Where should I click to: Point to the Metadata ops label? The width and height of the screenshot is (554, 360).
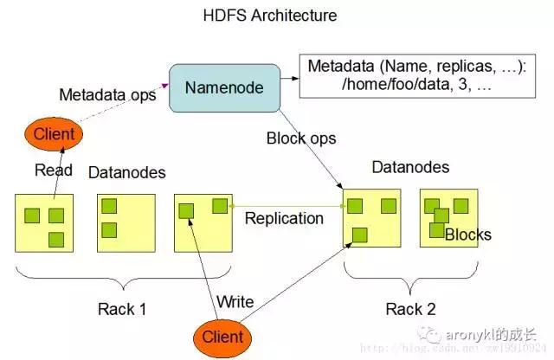pyautogui.click(x=107, y=93)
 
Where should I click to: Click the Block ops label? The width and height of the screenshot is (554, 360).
pyautogui.click(x=301, y=138)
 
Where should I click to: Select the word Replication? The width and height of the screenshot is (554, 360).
pyautogui.click(x=284, y=218)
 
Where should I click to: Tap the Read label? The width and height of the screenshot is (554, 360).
pyautogui.click(x=53, y=170)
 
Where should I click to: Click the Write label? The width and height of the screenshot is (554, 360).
pyautogui.click(x=235, y=301)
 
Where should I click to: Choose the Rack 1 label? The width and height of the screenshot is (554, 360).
pyautogui.click(x=130, y=308)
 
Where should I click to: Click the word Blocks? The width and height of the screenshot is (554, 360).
pyautogui.click(x=468, y=235)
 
